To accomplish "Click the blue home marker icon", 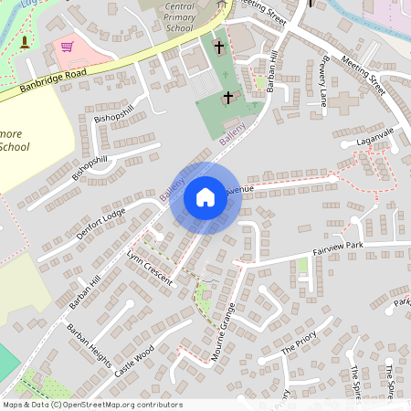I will click(205, 197).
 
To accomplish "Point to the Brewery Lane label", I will click(322, 90).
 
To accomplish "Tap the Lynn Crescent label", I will click(150, 267).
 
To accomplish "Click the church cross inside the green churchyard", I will click(228, 96).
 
